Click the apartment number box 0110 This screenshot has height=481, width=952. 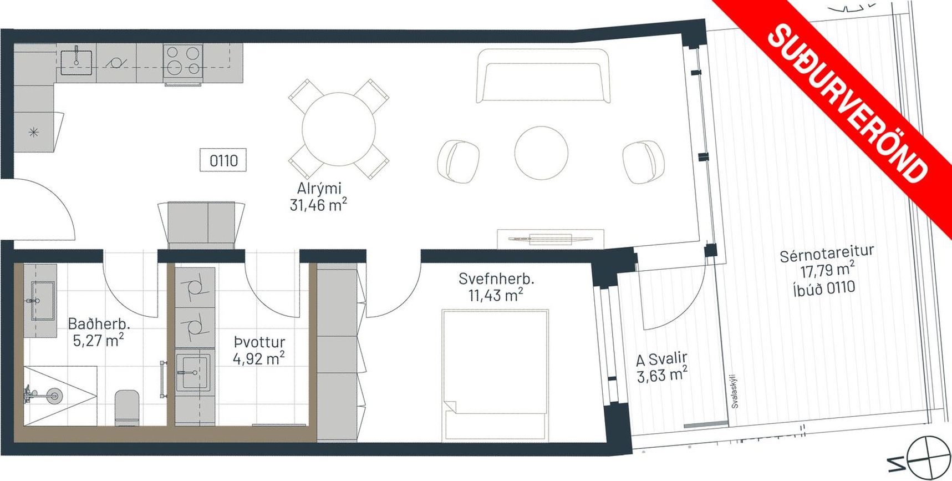[223, 160]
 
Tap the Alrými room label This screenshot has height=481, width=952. [319, 188]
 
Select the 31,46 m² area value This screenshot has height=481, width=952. [318, 205]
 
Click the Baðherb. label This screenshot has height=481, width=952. [99, 323]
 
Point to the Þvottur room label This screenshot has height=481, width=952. [259, 342]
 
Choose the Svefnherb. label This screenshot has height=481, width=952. [496, 279]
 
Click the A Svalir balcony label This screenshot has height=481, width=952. [662, 359]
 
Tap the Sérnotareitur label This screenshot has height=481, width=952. [827, 254]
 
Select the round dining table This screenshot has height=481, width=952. [338, 129]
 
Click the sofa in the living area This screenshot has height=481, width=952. [543, 75]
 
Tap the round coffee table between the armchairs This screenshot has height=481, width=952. [541, 153]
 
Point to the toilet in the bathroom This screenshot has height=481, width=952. [127, 408]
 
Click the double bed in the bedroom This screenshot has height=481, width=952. [495, 376]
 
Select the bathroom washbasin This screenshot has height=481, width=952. [43, 301]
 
